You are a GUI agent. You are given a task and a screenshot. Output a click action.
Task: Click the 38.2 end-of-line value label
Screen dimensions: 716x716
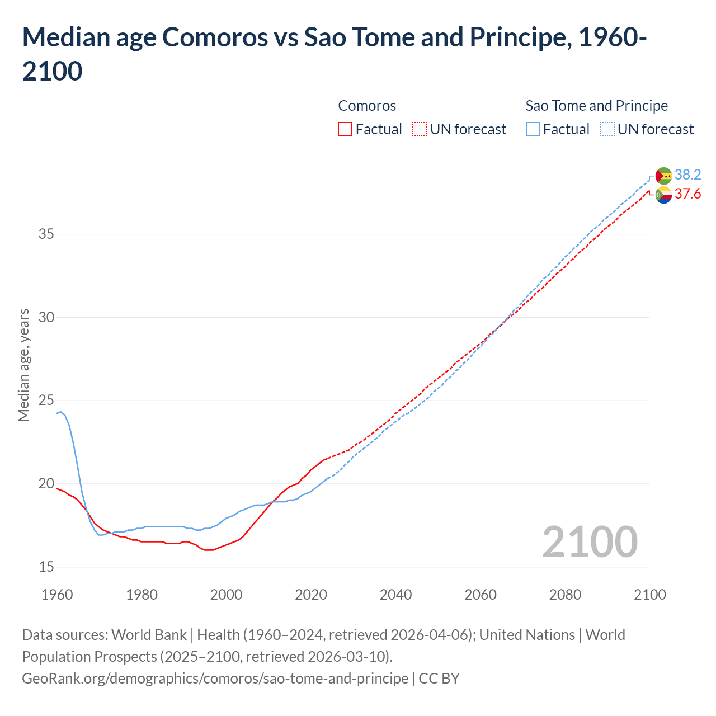[x=687, y=175]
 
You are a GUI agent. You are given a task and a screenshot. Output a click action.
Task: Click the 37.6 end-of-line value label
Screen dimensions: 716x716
[x=687, y=194]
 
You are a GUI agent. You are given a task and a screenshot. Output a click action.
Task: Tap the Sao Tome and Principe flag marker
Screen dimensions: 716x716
[x=663, y=176]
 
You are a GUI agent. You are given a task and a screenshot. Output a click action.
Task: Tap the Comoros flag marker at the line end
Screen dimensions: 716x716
[x=663, y=195]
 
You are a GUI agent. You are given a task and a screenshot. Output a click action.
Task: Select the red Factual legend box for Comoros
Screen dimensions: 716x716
[x=345, y=129]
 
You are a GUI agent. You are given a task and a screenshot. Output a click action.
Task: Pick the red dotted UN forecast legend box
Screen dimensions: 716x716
[x=420, y=129]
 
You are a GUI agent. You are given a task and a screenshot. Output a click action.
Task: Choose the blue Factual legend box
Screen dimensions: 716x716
[x=533, y=129]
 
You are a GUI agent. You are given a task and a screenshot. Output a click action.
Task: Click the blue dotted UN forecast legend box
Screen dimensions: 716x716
[x=607, y=129]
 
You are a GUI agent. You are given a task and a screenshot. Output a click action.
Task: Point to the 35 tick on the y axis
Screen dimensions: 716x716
[x=46, y=234]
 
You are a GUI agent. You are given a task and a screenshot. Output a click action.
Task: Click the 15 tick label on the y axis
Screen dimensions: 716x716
[x=46, y=567]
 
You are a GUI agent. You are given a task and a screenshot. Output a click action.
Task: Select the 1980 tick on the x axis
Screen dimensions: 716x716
[x=142, y=595]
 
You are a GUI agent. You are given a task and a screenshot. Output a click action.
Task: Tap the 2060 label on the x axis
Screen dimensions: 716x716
[x=481, y=595]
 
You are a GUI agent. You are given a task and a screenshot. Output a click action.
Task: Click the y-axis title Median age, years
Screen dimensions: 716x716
[x=23, y=365]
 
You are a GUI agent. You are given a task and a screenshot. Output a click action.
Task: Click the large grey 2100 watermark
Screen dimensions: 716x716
[x=590, y=542]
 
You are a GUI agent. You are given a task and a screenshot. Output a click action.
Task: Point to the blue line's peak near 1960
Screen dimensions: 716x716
[x=60, y=412]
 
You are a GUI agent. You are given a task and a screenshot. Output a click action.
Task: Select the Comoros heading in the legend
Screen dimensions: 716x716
[x=367, y=106]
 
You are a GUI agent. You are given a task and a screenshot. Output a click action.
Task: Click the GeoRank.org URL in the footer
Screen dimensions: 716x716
[x=215, y=679]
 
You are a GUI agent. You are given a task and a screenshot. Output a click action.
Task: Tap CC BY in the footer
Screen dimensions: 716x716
[x=439, y=679]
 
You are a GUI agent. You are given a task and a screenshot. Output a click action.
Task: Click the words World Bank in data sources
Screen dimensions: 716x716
[x=149, y=635]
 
